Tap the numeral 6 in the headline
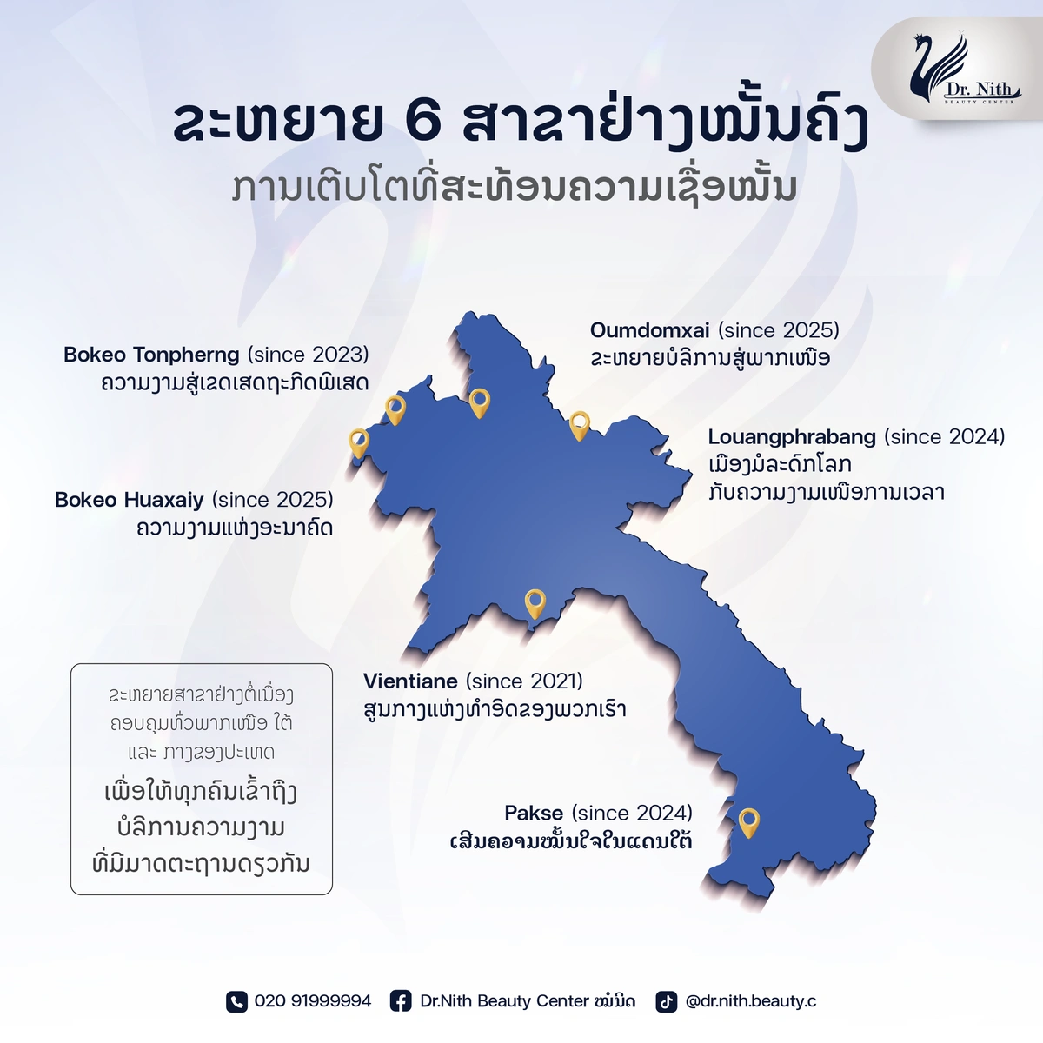(x=422, y=121)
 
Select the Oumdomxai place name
(x=649, y=330)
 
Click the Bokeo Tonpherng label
(x=151, y=355)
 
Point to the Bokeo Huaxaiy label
(x=130, y=500)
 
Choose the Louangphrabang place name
(x=792, y=437)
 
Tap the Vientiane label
(x=411, y=681)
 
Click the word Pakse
(x=534, y=813)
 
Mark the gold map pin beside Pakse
(x=749, y=823)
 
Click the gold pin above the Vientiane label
(x=535, y=604)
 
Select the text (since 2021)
(x=524, y=681)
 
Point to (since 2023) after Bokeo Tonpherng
(x=308, y=355)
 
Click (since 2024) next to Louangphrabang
(x=945, y=437)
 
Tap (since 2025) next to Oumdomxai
(x=779, y=330)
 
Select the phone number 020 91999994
(x=313, y=1001)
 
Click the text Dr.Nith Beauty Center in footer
(x=504, y=1001)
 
